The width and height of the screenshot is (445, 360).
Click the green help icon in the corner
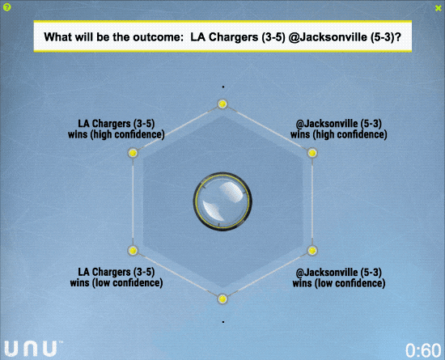pos(6,7)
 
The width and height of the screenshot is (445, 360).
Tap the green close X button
pos(438,9)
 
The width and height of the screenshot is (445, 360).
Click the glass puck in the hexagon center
pos(222,201)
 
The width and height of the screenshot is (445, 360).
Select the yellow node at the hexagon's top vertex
pos(222,104)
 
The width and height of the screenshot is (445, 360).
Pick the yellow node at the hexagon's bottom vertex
pos(222,299)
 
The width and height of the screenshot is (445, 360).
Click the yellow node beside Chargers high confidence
pos(133,153)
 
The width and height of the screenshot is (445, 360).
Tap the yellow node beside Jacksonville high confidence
pos(312,153)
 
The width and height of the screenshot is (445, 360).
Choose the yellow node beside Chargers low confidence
pos(133,251)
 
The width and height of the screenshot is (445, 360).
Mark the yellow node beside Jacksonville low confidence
pos(312,251)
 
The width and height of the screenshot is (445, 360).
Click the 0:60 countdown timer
pos(423,350)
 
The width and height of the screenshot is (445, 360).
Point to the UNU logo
pos(33,349)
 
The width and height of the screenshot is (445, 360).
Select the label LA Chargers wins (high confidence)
pos(117,129)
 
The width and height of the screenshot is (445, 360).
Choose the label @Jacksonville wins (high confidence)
pos(339,129)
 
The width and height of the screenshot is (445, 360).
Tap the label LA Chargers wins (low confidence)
pos(117,277)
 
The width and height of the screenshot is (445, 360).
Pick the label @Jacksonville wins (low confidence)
pos(339,277)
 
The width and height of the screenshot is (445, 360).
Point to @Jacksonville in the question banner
pos(328,37)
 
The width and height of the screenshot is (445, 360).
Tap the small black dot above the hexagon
pos(223,87)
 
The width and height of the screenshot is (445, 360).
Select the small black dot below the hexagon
pos(223,322)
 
